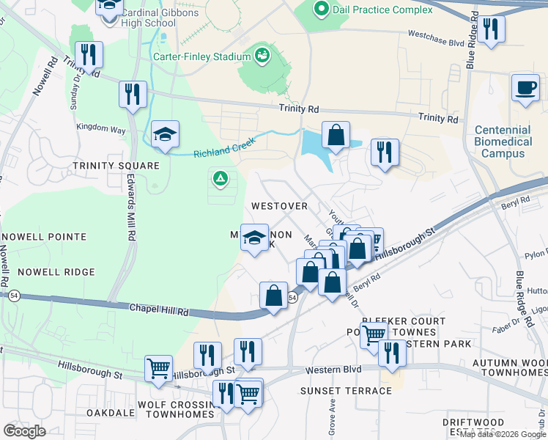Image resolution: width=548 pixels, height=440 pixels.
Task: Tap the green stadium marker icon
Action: pos(261,55)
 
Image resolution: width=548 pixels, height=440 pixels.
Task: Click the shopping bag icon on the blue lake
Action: pos(335,135)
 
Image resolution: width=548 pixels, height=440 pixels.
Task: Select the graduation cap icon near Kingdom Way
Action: pos(166,134)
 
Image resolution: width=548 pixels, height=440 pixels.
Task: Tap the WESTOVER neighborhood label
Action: pos(279,206)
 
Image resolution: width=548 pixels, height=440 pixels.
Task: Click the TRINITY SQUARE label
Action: pos(116,166)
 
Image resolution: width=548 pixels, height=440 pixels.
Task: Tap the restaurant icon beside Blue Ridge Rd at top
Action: pos(490,29)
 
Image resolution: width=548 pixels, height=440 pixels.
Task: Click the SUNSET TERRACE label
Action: pos(346,391)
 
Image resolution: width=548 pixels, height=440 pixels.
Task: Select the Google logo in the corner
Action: pos(25,431)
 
